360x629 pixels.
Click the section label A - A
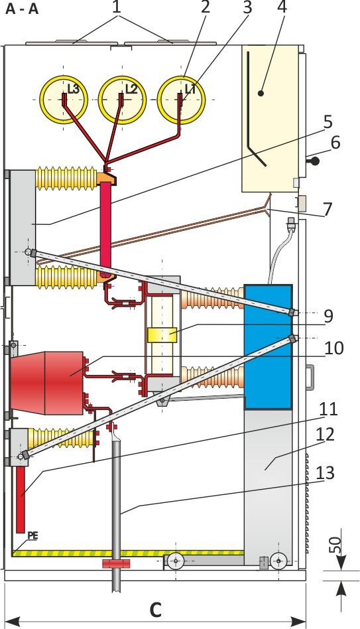pos(22,9)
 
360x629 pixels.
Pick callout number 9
pos(328,316)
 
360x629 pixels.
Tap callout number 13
pos(325,473)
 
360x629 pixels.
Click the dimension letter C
pos(155,610)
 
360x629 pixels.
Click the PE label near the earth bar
pos(32,535)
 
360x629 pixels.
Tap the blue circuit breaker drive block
pos(269,346)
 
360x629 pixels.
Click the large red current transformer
pos(47,383)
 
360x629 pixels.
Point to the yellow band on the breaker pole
pos(162,335)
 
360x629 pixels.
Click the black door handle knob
pos(316,161)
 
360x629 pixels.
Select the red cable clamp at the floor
pos(117,563)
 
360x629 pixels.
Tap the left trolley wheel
pos(176,561)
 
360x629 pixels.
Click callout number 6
pos(335,143)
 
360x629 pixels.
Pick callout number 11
pos(329,410)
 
